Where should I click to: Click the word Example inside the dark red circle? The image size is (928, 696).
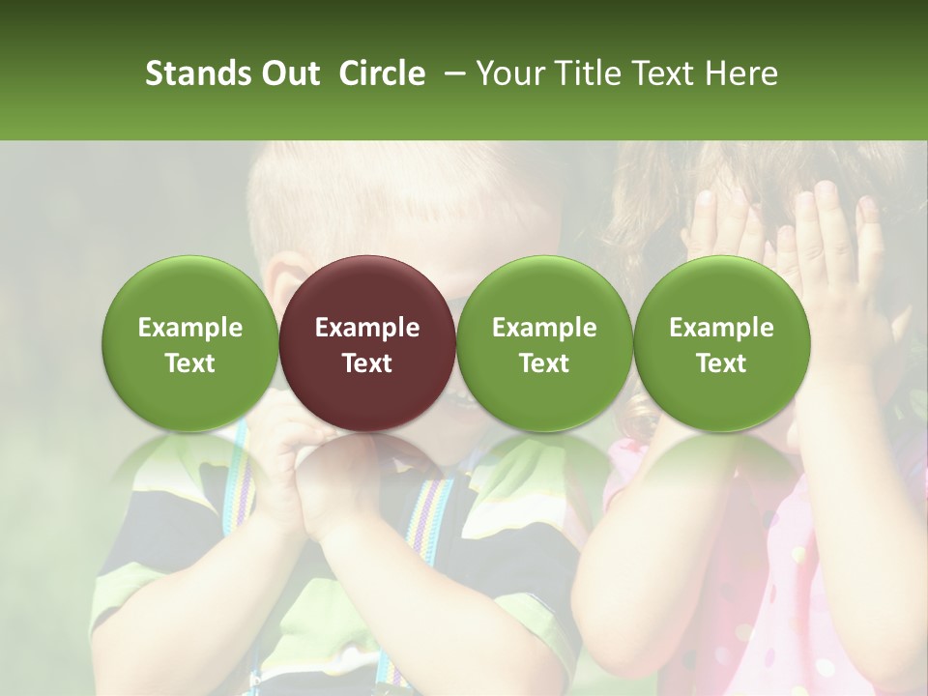(367, 328)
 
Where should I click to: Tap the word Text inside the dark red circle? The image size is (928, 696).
(367, 363)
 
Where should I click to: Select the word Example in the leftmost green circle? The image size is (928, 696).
(190, 328)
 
